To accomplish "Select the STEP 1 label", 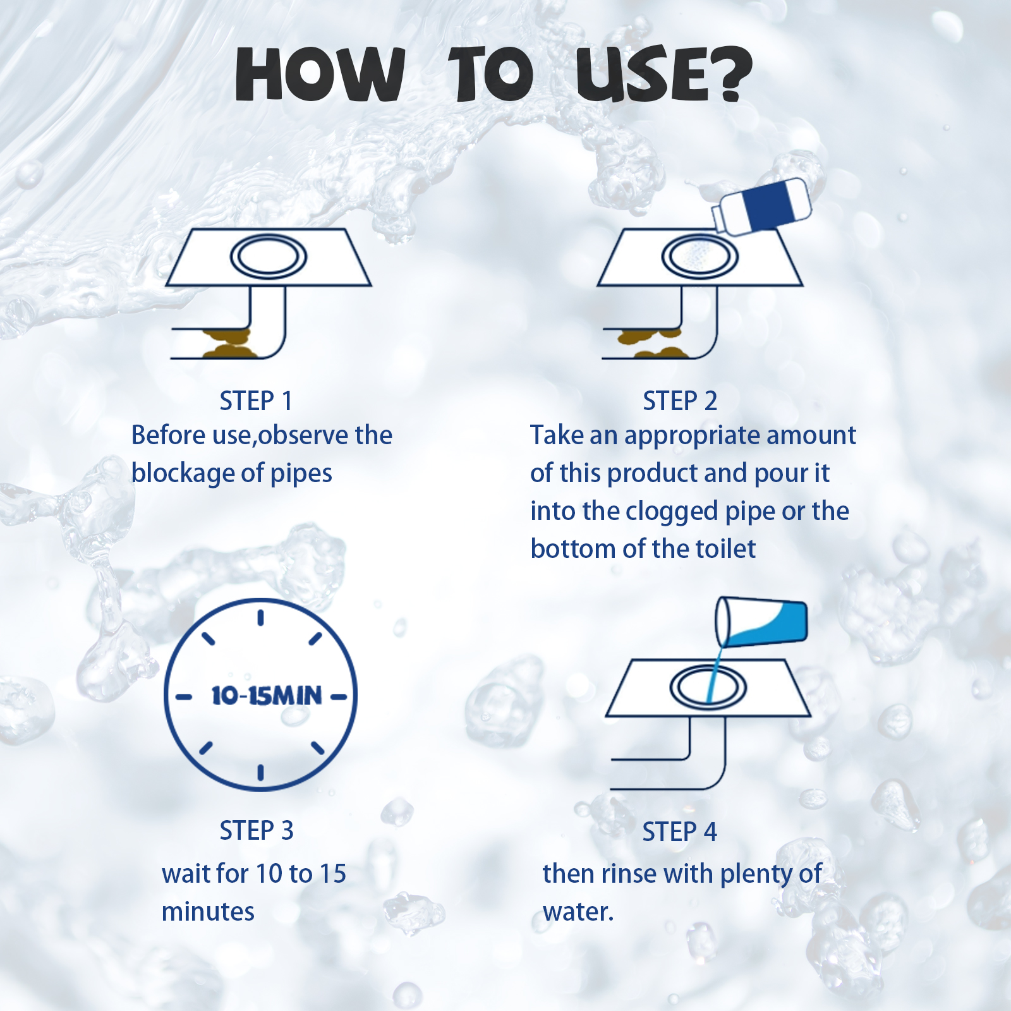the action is pos(256,401).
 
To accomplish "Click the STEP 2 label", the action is pos(680,401).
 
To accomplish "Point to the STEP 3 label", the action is pos(257,831).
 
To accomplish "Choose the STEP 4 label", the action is pos(680,832).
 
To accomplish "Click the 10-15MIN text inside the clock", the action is pos(266,696).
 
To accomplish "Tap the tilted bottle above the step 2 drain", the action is pos(762,206).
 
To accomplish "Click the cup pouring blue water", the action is pos(761,622).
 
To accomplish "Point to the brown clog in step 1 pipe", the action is pos(227,344).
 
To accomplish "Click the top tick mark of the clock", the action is pos(260,617).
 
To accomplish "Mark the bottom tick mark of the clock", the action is pos(260,772).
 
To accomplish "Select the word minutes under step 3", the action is pos(208,912).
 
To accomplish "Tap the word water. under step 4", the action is pos(578,912).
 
